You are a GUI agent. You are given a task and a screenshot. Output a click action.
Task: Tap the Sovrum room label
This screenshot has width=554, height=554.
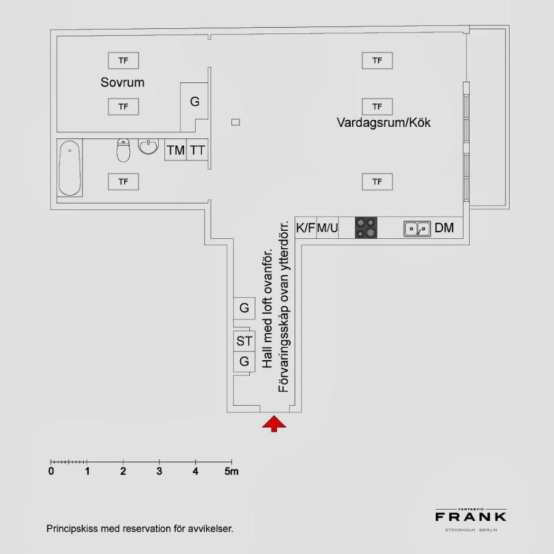pos(122,82)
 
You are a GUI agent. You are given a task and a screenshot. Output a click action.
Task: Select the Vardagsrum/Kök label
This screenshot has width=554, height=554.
pos(383,122)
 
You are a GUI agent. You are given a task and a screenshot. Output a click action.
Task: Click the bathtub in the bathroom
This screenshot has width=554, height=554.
pos(70,168)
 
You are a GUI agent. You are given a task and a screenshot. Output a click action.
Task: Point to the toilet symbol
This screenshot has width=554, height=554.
pos(124,150)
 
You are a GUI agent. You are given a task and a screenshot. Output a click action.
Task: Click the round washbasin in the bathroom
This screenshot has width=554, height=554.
pos(148,147)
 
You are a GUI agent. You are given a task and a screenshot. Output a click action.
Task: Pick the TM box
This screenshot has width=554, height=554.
pos(175,150)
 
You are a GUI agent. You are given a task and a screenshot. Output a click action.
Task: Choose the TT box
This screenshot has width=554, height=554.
pos(197,150)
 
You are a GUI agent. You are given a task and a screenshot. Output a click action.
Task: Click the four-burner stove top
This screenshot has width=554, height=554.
pos(366,228)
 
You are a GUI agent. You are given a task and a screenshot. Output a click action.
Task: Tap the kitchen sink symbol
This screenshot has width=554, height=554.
pos(417,228)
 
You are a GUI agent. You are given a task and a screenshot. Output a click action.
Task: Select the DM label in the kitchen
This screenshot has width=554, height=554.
pos(444,228)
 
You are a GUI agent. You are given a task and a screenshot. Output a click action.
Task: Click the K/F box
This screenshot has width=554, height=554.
pos(306,228)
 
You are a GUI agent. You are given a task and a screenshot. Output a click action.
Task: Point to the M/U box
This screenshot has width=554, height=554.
pos(327,228)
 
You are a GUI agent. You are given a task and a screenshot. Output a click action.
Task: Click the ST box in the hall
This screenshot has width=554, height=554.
pos(244,340)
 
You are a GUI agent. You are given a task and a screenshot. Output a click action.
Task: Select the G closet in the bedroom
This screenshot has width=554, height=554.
pos(195,102)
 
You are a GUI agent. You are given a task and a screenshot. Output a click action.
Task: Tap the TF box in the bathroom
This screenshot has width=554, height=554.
pos(123,182)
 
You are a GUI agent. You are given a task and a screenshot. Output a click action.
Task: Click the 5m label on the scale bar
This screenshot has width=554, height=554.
pos(231,472)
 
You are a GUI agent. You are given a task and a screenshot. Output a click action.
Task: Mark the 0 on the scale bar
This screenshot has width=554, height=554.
pos(51,472)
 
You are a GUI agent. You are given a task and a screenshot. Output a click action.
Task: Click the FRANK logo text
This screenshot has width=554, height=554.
pos(471,516)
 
